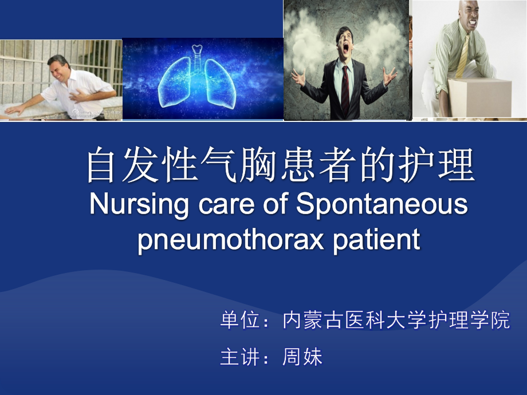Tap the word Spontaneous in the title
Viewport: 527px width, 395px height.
coord(382,205)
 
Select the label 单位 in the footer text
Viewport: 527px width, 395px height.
coord(240,321)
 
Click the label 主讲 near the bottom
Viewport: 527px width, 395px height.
coord(240,357)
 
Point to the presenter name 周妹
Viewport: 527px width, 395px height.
coord(302,357)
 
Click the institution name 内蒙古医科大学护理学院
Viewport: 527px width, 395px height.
coord(396,321)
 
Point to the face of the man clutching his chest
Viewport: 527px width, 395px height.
coord(60,69)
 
